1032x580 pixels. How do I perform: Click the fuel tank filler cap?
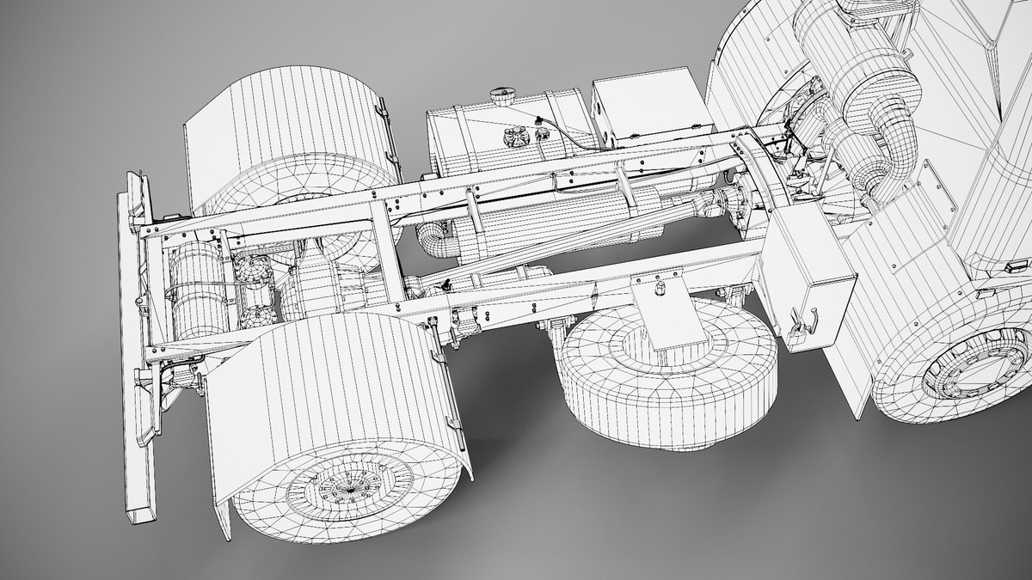[499, 93]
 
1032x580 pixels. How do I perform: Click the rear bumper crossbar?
[135, 344]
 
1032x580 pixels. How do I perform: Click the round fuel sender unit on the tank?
[516, 137]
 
